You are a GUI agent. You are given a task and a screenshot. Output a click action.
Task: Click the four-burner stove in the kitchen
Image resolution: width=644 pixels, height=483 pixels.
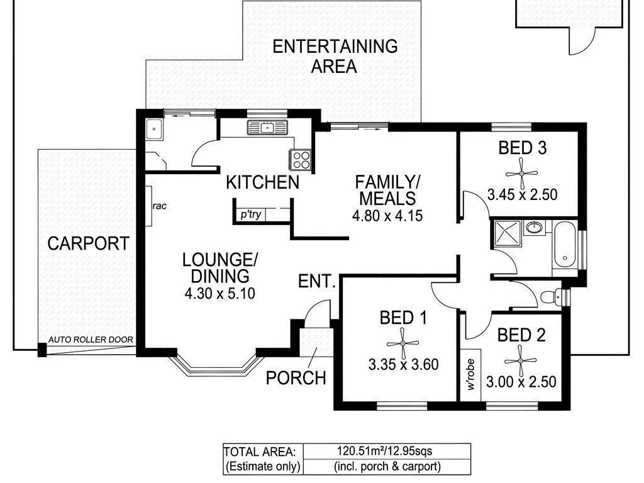pos(301,159)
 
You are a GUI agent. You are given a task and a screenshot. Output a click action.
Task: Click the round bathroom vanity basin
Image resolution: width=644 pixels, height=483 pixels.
pos(536,227)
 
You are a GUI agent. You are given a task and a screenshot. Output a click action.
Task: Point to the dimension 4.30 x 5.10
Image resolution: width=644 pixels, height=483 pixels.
pos(219,293)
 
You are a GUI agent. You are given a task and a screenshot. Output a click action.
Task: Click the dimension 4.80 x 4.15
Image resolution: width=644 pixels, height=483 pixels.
pos(387,216)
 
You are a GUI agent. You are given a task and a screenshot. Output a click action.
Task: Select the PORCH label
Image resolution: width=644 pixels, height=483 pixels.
pos(296,378)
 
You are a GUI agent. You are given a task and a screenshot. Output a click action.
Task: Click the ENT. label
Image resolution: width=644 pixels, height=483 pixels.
pos(317,282)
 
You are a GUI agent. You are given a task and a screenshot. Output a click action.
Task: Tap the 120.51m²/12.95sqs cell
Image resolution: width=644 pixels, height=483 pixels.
pos(386,451)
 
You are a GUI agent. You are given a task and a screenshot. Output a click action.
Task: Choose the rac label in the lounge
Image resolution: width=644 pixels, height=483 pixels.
pos(158,206)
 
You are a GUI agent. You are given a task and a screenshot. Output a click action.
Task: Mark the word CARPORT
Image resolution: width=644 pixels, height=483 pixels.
pos(88,243)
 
